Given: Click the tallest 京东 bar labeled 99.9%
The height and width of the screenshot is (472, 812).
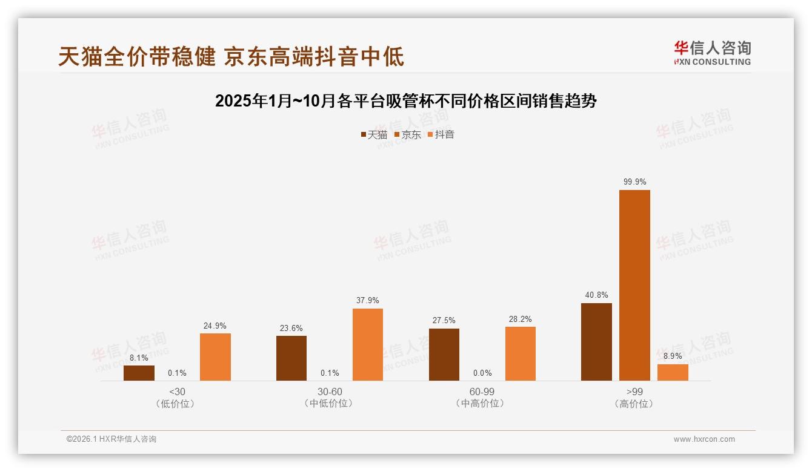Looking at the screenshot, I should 634,285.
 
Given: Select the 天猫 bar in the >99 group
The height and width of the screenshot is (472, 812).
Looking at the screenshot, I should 596,342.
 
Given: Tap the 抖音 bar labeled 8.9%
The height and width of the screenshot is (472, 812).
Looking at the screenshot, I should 673,372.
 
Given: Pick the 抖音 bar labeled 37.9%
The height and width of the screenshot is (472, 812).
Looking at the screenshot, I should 368,344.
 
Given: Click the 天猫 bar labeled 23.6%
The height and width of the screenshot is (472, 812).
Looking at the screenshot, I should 291,358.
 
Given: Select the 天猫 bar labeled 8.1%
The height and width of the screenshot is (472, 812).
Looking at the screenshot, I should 139,373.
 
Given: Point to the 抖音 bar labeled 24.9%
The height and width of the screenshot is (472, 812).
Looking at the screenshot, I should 215,356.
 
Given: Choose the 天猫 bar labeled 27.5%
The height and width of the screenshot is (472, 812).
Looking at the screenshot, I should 444,354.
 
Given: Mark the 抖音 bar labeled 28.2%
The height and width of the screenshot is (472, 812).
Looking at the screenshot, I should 521,353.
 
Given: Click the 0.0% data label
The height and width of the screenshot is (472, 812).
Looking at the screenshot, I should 482,373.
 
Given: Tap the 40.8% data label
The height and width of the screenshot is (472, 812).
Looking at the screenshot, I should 596,295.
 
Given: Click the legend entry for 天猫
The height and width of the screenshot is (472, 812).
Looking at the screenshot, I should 374,134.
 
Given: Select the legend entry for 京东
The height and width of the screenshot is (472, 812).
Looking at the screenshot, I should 408,134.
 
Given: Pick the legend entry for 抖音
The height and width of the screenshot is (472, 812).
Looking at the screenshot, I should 441,134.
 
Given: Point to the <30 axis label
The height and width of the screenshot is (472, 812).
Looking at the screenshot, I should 177,392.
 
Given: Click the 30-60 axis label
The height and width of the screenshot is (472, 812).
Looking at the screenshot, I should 330,392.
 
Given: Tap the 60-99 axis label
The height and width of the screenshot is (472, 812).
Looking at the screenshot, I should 482,392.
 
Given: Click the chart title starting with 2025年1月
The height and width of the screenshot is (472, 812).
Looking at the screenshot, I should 406,101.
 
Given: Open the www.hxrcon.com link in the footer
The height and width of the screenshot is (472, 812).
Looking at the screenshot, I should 704,439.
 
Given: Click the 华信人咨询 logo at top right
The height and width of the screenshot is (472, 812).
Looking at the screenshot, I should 712,53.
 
